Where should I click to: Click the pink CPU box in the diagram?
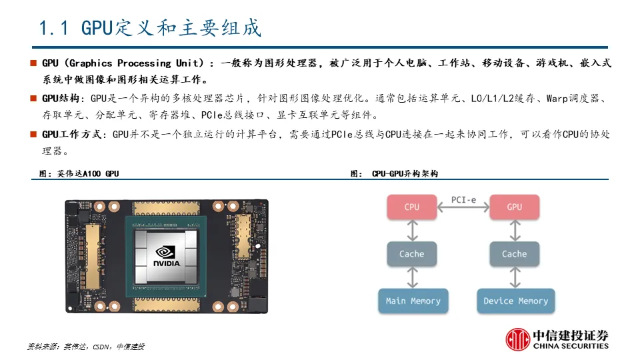pyautogui.click(x=412, y=207)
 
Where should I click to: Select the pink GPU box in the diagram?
pyautogui.click(x=514, y=207)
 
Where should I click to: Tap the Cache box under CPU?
pyautogui.click(x=412, y=254)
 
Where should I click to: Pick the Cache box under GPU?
pyautogui.click(x=514, y=254)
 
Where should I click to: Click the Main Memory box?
pyautogui.click(x=413, y=301)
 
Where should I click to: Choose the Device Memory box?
pyautogui.click(x=515, y=301)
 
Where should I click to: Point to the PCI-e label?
pyautogui.click(x=463, y=199)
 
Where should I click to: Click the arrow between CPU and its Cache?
pyautogui.click(x=412, y=231)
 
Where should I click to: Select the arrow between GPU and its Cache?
pyautogui.click(x=514, y=231)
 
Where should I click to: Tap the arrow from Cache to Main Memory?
pyautogui.click(x=412, y=277)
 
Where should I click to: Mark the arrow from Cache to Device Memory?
pyautogui.click(x=514, y=277)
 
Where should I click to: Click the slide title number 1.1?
pyautogui.click(x=55, y=29)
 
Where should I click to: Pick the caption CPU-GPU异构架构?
pyautogui.click(x=405, y=173)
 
